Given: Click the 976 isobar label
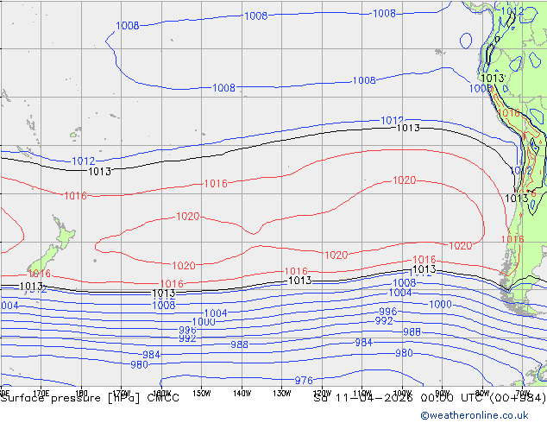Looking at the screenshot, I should click(x=304, y=381).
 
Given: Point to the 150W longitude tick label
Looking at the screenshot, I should click(x=200, y=394).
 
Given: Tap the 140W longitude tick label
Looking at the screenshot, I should click(x=241, y=394).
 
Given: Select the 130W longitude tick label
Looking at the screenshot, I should click(x=281, y=394).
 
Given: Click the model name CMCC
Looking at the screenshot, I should click(x=163, y=398).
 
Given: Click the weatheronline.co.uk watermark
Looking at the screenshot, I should click(x=483, y=414).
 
